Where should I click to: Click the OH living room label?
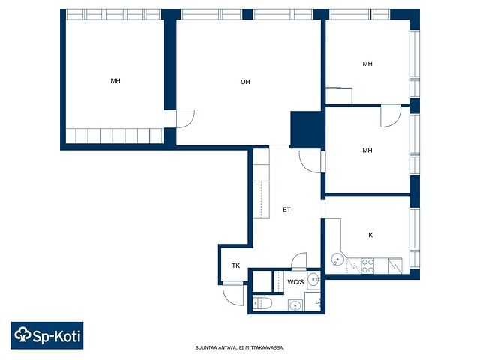[245, 82]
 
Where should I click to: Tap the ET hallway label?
[286, 210]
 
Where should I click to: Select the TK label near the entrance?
[235, 265]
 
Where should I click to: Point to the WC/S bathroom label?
[295, 282]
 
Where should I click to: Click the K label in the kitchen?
[370, 235]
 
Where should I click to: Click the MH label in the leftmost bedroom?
[115, 81]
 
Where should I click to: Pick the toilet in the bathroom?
[263, 303]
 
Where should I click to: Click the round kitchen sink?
[337, 260]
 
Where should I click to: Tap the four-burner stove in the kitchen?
[367, 265]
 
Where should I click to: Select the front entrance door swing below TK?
[234, 293]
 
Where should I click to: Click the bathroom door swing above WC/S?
[298, 261]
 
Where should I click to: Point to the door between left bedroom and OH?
[184, 118]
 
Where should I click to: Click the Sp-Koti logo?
[47, 335]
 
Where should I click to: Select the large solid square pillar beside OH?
[305, 130]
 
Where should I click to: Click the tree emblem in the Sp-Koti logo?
[23, 334]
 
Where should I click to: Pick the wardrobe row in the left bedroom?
[114, 136]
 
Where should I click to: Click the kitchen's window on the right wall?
[415, 238]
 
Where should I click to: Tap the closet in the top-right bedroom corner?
[338, 96]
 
